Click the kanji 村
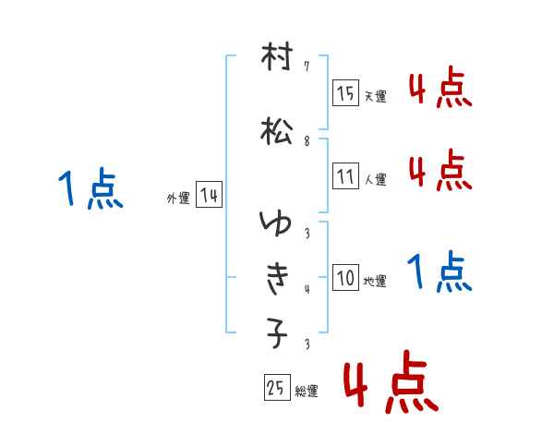pyautogui.click(x=277, y=55)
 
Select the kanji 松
pyautogui.click(x=277, y=131)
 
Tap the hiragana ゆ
pyautogui.click(x=275, y=223)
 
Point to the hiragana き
pyautogui.click(x=278, y=278)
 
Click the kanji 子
pyautogui.click(x=277, y=333)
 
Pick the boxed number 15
pyautogui.click(x=345, y=92)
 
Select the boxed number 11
pyautogui.click(x=345, y=175)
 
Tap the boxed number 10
pyautogui.click(x=345, y=277)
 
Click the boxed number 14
pyautogui.click(x=209, y=194)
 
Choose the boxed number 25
pyautogui.click(x=277, y=387)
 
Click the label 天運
pyautogui.click(x=376, y=96)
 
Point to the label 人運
pyautogui.click(x=376, y=179)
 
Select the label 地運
pyautogui.click(x=375, y=281)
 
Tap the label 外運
pyautogui.click(x=178, y=198)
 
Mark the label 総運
pyautogui.click(x=307, y=391)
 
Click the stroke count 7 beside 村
pyautogui.click(x=307, y=66)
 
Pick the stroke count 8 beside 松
pyautogui.click(x=307, y=141)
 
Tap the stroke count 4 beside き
pyautogui.click(x=307, y=289)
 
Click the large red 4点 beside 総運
pyautogui.click(x=391, y=381)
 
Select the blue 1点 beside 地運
pyautogui.click(x=440, y=271)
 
